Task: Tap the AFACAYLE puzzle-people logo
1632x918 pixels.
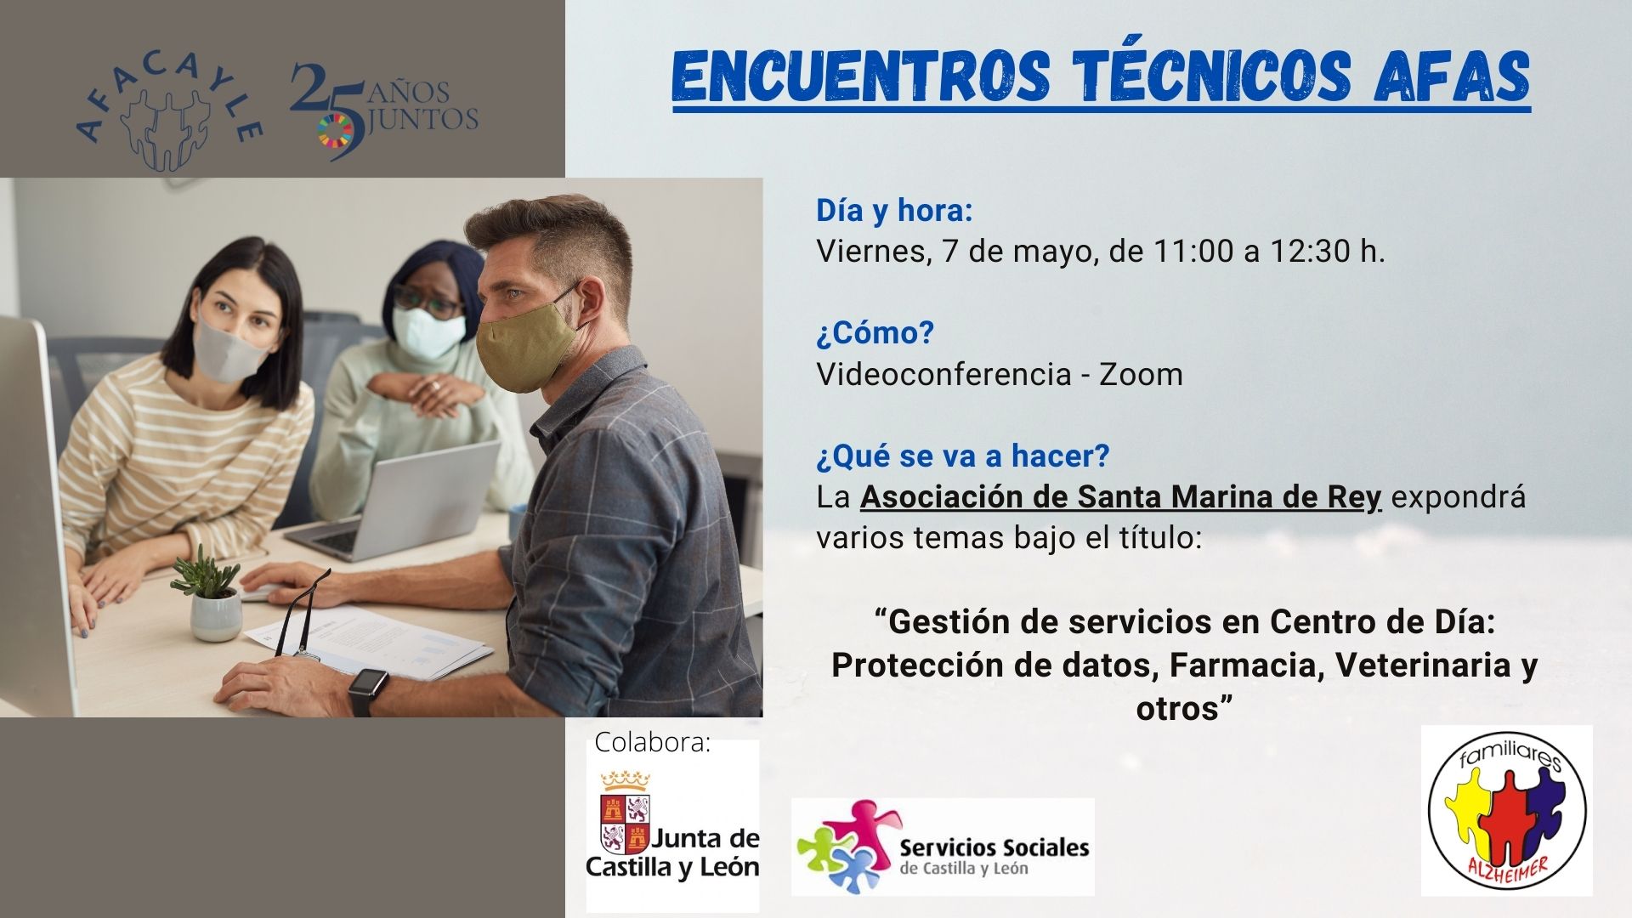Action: tap(168, 108)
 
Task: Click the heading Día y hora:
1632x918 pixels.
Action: tap(895, 210)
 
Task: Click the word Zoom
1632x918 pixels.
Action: tap(1141, 374)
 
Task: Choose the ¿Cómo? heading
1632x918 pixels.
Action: tap(875, 332)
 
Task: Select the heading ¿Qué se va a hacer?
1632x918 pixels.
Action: tap(963, 456)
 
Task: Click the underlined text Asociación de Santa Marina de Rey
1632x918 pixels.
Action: tap(1121, 498)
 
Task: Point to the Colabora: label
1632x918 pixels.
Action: tap(653, 742)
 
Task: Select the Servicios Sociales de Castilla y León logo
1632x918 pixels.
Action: tap(943, 847)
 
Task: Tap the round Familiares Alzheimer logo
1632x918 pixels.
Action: tap(1507, 810)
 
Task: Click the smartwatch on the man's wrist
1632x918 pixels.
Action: tap(367, 691)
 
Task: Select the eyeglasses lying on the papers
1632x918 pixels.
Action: tap(304, 609)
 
